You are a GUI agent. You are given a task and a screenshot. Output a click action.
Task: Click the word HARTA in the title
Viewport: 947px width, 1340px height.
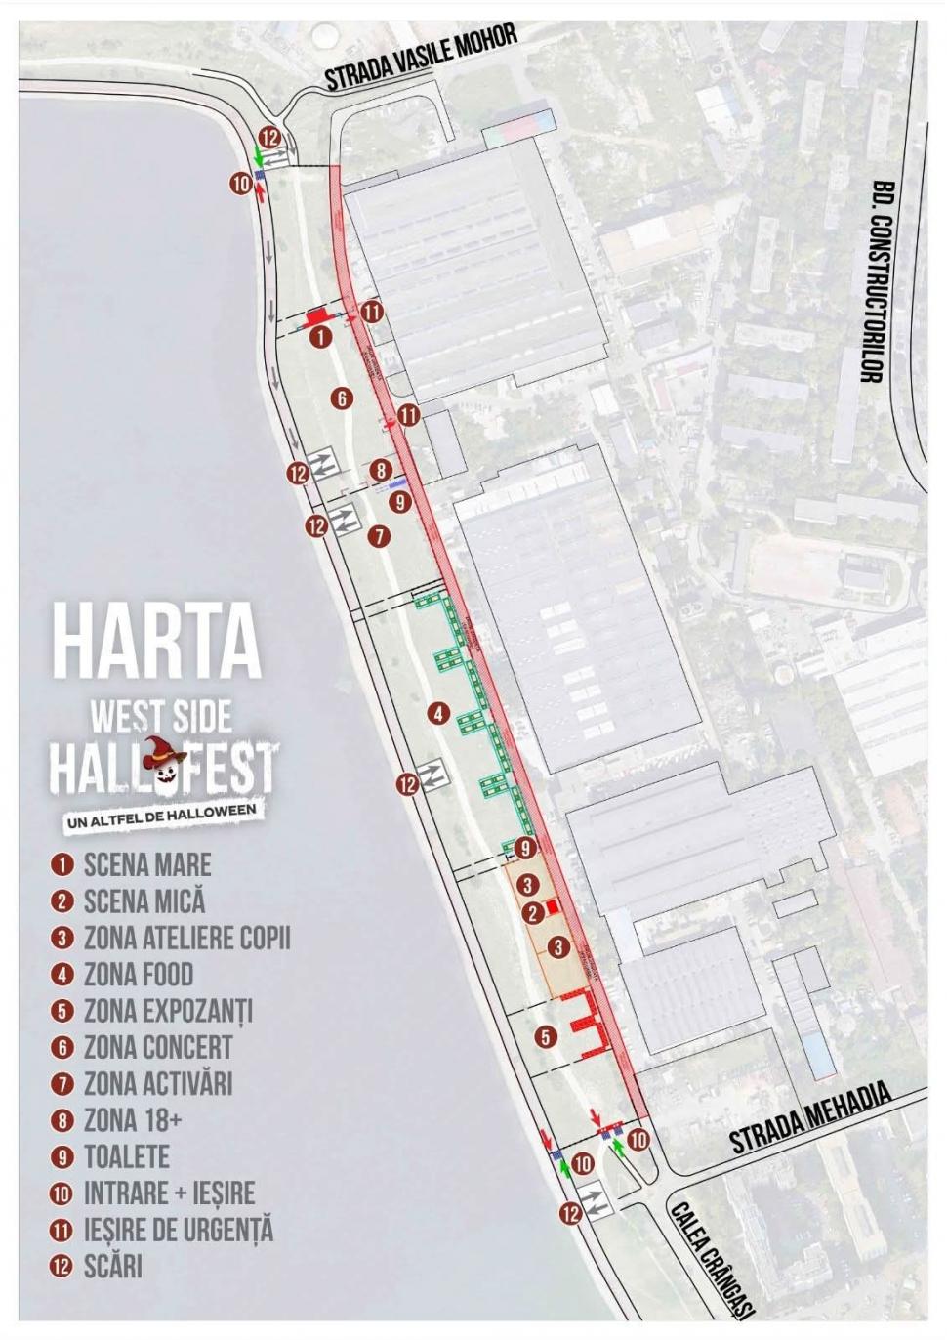tap(156, 640)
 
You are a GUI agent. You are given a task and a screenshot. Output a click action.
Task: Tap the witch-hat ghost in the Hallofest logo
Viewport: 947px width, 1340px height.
tap(169, 765)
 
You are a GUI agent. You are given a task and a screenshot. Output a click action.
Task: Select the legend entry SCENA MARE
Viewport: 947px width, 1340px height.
tap(146, 865)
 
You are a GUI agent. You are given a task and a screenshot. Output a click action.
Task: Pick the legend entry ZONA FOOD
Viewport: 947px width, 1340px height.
tap(138, 975)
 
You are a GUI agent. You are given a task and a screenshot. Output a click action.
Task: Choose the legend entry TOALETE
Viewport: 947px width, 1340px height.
tap(126, 1157)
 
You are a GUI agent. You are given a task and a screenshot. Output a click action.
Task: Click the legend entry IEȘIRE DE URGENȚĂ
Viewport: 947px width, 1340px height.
tap(178, 1230)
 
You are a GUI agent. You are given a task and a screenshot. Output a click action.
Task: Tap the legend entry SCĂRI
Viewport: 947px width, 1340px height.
tap(112, 1267)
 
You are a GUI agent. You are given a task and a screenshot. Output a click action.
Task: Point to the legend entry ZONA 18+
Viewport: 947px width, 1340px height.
tap(132, 1120)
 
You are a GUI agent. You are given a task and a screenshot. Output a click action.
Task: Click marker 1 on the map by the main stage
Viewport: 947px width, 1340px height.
tap(320, 337)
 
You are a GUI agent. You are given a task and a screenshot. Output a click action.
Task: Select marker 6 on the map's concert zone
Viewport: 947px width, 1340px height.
tap(341, 398)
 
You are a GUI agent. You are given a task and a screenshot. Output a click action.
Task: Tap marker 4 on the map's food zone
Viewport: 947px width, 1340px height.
tap(439, 714)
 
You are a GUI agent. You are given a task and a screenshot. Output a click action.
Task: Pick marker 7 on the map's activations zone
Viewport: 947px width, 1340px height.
tap(379, 536)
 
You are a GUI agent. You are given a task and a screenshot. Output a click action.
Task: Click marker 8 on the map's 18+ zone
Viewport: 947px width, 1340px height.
tap(381, 471)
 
